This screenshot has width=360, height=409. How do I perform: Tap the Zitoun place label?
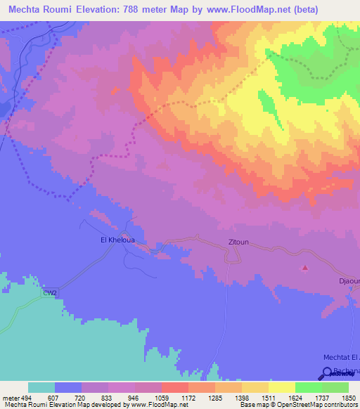(x=238, y=242)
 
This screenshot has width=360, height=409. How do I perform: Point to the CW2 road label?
(x=49, y=292)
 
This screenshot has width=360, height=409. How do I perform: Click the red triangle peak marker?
(x=304, y=267)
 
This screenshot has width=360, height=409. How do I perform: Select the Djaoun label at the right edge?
(x=349, y=281)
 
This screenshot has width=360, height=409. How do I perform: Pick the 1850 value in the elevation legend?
(x=348, y=398)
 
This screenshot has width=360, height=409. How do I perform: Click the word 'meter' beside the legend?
(x=9, y=398)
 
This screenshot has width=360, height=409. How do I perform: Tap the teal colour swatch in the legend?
(x=41, y=387)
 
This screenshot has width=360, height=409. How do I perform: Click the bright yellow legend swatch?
(x=282, y=387)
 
